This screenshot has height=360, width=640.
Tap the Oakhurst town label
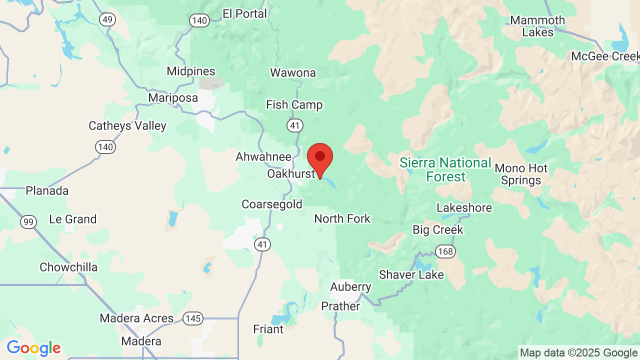(x=291, y=174)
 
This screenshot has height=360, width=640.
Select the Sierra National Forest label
(x=445, y=169)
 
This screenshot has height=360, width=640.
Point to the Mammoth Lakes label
(x=537, y=26)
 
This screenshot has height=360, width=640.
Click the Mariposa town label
(x=173, y=98)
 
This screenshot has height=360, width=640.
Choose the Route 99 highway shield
(x=28, y=222)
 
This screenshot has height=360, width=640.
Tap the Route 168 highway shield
(x=444, y=251)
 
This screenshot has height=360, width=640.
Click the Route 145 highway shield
(x=192, y=318)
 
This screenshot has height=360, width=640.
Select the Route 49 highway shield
(x=107, y=19)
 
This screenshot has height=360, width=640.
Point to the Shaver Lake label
(x=411, y=274)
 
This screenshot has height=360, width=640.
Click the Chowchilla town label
(x=68, y=267)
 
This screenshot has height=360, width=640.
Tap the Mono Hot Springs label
(x=521, y=174)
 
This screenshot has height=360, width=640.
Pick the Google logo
(x=33, y=348)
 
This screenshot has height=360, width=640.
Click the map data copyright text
(x=578, y=352)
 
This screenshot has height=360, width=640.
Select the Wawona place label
(x=293, y=73)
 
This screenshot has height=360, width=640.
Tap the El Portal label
(x=244, y=14)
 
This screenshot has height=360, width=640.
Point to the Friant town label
(x=268, y=329)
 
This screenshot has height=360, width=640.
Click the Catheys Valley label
(x=127, y=125)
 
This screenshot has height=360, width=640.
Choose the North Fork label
(x=342, y=218)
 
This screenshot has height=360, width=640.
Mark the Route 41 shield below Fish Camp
(x=294, y=124)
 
